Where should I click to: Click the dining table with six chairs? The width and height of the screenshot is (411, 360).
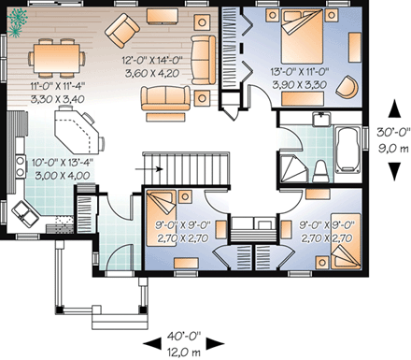point(58,57)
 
